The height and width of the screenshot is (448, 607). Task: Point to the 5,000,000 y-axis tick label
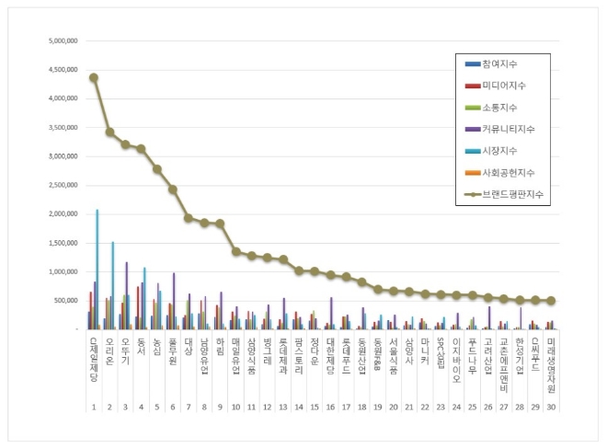(x=59, y=41)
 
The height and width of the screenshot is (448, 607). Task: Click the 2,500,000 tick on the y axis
(x=59, y=185)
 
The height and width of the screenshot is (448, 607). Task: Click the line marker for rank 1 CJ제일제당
(x=94, y=77)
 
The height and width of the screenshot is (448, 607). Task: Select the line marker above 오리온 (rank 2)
(x=109, y=132)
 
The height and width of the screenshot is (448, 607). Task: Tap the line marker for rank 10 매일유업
(x=236, y=251)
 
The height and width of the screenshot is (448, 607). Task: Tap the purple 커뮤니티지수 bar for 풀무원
(x=173, y=301)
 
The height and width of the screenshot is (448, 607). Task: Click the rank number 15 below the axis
(x=315, y=406)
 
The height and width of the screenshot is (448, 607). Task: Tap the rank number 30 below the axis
(x=550, y=406)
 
